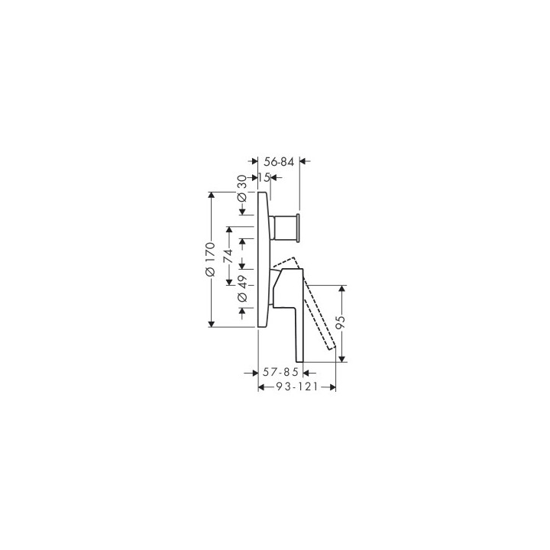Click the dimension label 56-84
tap(279, 162)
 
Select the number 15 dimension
tap(264, 177)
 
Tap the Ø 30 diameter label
tap(242, 189)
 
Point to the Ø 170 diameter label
tap(211, 259)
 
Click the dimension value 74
tap(228, 256)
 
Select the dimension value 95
tap(341, 322)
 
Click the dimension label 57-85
tap(280, 372)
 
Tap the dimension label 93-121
tap(296, 387)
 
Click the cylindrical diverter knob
tap(284, 228)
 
